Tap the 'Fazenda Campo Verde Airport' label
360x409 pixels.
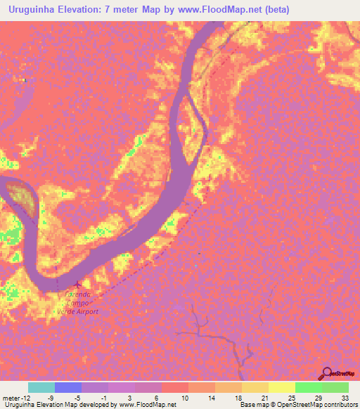click(x=78, y=304)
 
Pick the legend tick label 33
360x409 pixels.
click(x=345, y=397)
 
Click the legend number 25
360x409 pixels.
click(x=291, y=397)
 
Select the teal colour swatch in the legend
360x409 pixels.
click(x=41, y=387)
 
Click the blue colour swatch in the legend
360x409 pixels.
click(x=68, y=387)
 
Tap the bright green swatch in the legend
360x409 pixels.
click(x=309, y=387)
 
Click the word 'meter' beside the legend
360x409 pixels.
click(x=10, y=397)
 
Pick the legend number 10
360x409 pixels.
click(x=185, y=397)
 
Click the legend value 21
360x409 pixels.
click(x=264, y=397)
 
